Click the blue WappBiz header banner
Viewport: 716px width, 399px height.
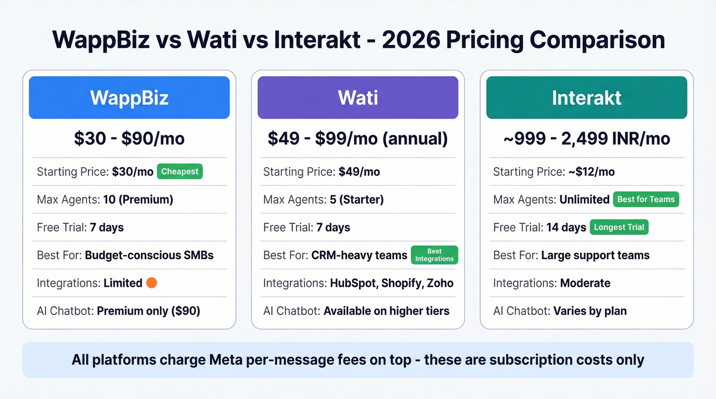pos(129,98)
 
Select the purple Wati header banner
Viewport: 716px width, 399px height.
pos(357,98)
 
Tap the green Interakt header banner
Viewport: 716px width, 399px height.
pos(587,98)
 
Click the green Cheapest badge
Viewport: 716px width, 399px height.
pos(180,172)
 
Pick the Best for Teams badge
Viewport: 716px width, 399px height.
pos(646,199)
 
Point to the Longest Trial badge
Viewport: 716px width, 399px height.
pos(619,227)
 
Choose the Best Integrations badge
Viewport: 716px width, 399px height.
pos(434,255)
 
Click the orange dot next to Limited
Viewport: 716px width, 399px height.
pos(151,283)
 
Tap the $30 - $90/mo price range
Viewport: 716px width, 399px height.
pos(129,138)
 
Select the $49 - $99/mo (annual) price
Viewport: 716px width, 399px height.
pos(357,138)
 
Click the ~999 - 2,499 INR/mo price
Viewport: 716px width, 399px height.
pos(587,138)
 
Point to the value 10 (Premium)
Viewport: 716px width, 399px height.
pos(138,200)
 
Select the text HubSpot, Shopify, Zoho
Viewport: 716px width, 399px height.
pos(392,283)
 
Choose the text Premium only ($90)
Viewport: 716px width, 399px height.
pos(148,311)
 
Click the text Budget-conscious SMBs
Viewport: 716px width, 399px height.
pos(149,255)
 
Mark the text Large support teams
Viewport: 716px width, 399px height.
pos(595,255)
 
